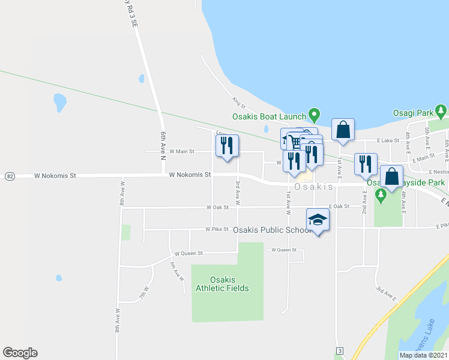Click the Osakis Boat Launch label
coord(268,116)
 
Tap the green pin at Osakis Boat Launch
coord(313,114)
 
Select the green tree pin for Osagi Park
coord(441,111)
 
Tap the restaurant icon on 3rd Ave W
coord(227,146)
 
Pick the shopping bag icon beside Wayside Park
coord(391,177)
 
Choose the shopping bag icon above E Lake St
coord(342,130)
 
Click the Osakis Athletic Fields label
coord(222,284)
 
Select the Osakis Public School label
coord(271,230)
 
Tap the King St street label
coord(240,103)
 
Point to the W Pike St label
coord(217,229)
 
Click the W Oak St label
coord(218,208)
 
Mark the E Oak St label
coord(339,206)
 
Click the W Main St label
coord(182,152)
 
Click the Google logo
coord(20,353)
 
